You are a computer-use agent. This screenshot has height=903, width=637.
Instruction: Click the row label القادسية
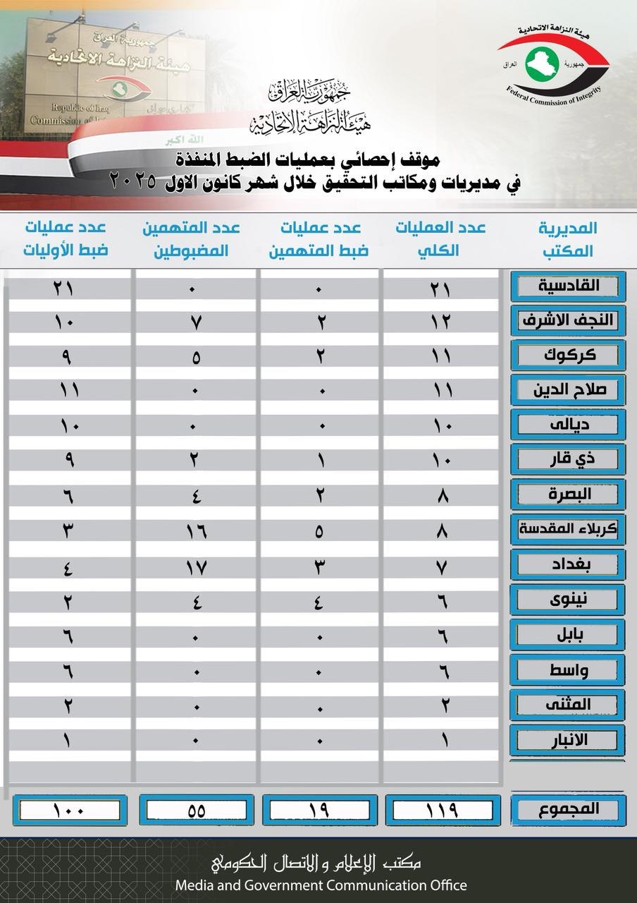click(x=568, y=286)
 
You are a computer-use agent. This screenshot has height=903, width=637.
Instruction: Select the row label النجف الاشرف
click(x=568, y=320)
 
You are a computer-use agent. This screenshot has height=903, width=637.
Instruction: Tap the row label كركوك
click(x=568, y=355)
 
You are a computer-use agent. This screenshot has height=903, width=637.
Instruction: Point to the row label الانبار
click(x=568, y=739)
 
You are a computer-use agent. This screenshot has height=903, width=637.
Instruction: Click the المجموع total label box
click(x=568, y=809)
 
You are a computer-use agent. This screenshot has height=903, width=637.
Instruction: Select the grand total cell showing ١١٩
click(x=443, y=810)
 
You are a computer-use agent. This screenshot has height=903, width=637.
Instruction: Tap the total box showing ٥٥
click(x=197, y=810)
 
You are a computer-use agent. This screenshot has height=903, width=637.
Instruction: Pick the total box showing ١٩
click(x=319, y=810)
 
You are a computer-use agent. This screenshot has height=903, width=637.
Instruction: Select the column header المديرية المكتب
click(x=568, y=238)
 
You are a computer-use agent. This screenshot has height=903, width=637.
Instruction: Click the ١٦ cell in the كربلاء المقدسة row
click(x=197, y=531)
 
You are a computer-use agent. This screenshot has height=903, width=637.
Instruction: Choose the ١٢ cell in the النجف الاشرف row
click(x=443, y=321)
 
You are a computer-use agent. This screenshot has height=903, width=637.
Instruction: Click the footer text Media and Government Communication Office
click(x=321, y=885)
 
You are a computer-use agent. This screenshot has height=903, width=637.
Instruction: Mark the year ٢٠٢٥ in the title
click(x=135, y=183)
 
